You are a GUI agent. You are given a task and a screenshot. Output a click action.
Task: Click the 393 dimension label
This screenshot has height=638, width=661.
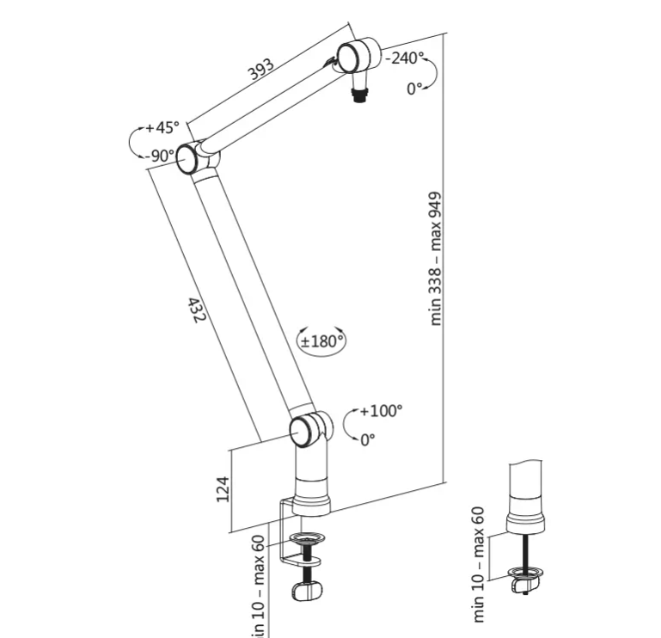260,70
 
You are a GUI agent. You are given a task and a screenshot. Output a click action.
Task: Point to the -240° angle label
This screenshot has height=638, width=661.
405,58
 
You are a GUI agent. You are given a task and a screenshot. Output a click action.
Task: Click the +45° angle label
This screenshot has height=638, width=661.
162,128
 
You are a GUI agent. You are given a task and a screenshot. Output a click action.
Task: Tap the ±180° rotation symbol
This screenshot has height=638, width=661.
321,340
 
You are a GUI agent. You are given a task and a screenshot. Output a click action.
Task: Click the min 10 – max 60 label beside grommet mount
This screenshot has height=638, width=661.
478,563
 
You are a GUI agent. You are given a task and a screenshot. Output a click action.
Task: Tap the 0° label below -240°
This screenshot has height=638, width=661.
416,89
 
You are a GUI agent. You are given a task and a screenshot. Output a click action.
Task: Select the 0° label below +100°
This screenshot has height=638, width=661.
368,439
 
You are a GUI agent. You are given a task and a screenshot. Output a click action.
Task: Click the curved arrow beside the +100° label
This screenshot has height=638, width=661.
348,425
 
